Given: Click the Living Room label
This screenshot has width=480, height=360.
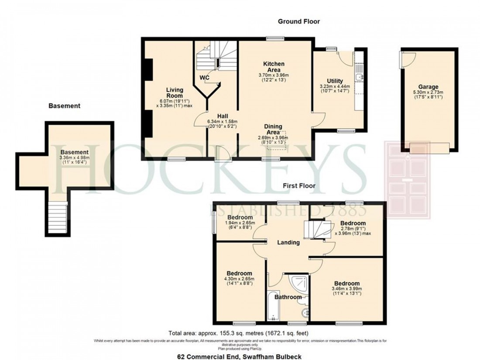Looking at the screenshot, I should [174, 93].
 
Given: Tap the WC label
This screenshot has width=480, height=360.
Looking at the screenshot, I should [205, 78].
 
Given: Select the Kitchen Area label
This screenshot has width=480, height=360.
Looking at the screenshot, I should [274, 67].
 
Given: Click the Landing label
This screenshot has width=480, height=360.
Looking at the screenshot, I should [288, 243].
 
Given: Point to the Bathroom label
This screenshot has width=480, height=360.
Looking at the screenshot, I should [288, 297].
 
